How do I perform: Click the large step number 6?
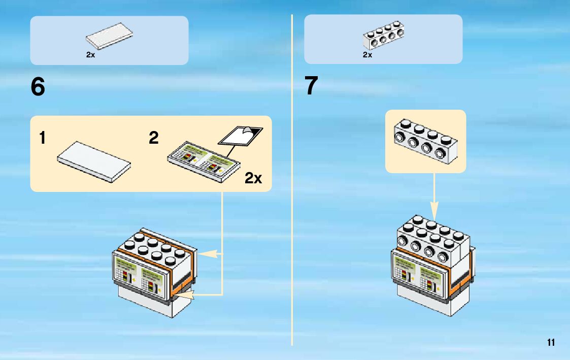[x=38, y=87]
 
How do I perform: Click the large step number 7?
[x=311, y=86]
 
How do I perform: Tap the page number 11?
[x=551, y=342]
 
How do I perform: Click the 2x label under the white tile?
[x=90, y=55]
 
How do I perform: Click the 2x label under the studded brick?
[x=367, y=55]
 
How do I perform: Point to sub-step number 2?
[x=154, y=138]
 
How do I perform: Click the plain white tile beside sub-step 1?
[x=94, y=161]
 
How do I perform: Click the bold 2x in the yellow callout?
[x=253, y=178]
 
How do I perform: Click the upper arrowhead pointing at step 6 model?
[x=203, y=252]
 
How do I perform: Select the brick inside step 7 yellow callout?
[x=424, y=141]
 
